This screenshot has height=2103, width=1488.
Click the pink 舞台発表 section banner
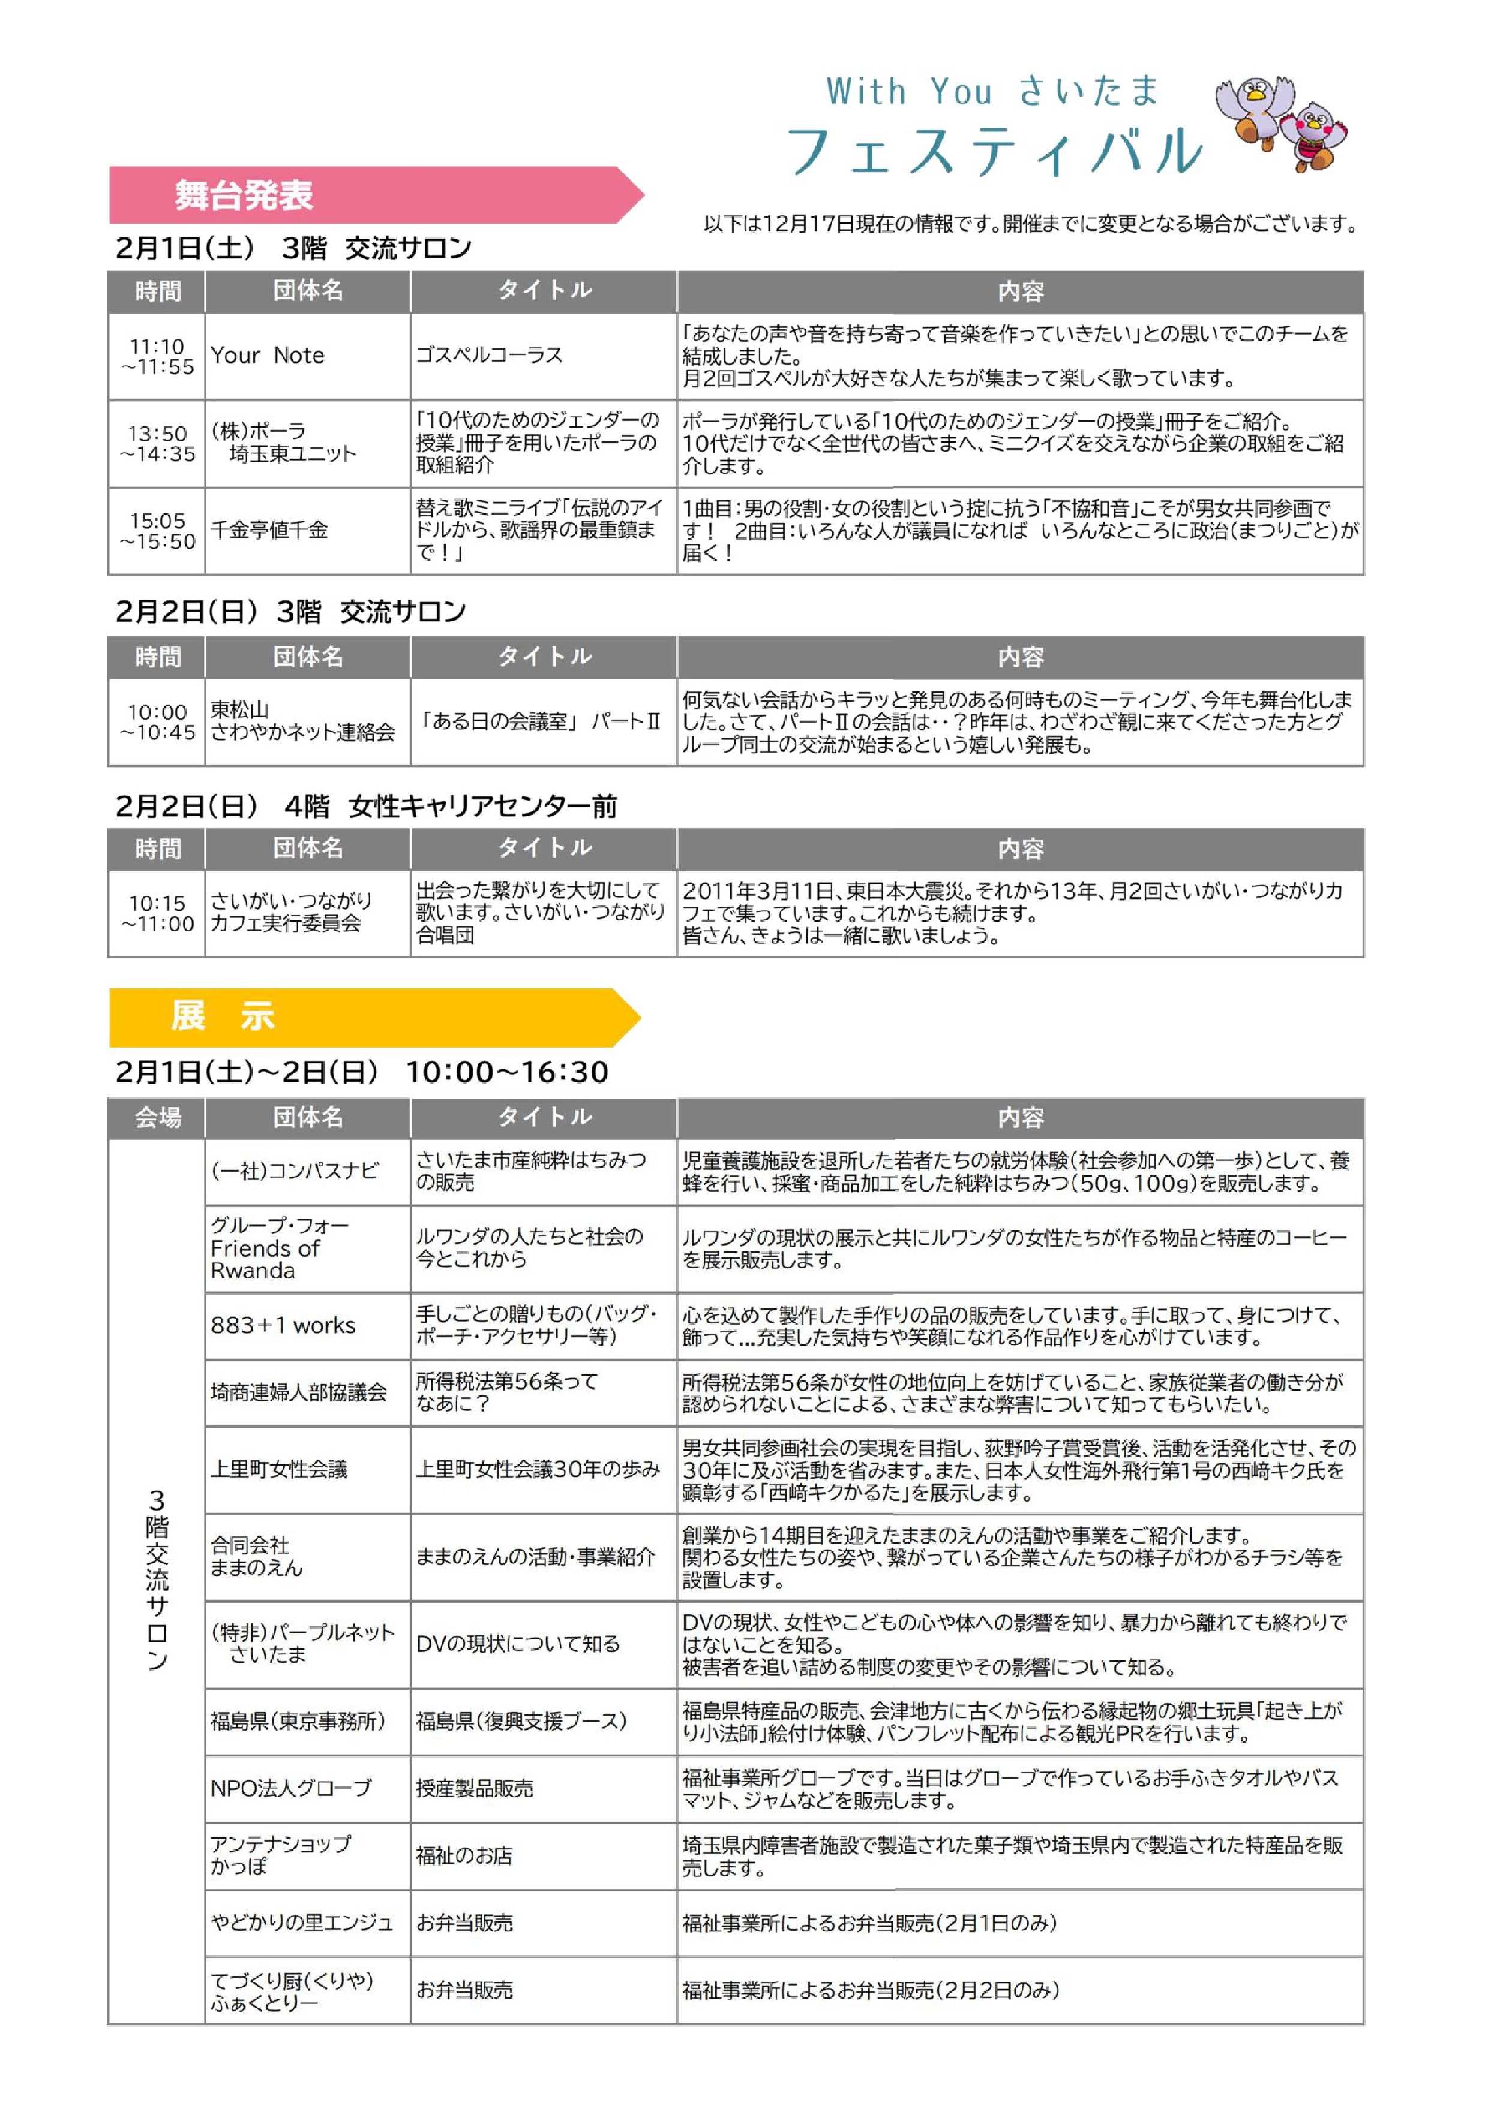coord(367,195)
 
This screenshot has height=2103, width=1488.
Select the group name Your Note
coord(268,356)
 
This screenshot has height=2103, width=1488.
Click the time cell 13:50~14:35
coord(158,443)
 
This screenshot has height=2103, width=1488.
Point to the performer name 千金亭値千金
coord(269,530)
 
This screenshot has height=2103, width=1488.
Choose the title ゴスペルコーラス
coord(489,356)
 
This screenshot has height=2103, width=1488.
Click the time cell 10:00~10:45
coord(158,722)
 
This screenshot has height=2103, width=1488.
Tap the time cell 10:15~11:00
coord(158,913)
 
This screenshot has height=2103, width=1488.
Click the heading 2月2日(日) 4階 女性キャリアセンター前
coord(367,806)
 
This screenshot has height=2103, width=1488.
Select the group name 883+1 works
coord(283,1325)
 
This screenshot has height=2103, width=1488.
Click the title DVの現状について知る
coord(518,1644)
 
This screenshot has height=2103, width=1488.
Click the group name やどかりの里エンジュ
coord(301,1923)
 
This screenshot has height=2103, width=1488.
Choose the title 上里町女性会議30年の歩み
coord(538,1469)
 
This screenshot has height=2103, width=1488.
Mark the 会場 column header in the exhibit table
coord(158,1117)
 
